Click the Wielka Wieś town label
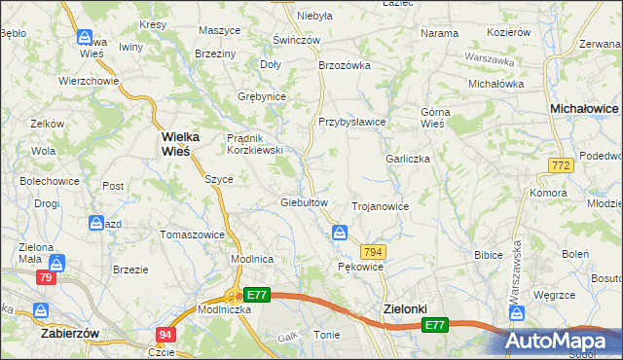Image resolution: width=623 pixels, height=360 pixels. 175,144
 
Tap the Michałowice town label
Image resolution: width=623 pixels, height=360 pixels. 584,110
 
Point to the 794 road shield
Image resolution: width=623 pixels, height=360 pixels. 375,252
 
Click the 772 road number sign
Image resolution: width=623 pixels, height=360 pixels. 559,167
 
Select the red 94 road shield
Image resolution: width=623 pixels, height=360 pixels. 164,335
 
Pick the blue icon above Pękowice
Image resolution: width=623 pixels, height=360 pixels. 339,232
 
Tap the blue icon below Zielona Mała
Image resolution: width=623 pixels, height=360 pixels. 58,263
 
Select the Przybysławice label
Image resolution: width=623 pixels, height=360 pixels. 352,122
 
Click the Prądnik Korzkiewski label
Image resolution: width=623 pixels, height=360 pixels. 254,144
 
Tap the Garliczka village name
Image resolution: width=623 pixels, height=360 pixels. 407,159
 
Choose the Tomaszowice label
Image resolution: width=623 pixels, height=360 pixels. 193,234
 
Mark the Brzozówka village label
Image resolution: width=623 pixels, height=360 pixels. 346,65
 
